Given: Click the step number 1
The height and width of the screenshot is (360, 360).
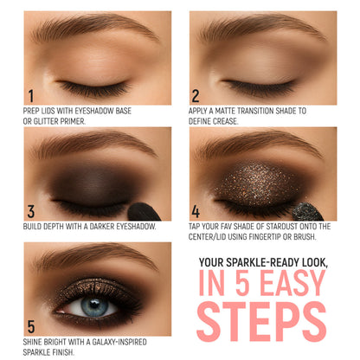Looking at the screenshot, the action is [x=31, y=96].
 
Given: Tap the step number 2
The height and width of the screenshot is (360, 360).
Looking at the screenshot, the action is [x=196, y=96].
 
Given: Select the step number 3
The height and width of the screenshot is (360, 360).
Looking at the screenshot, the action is [x=31, y=211].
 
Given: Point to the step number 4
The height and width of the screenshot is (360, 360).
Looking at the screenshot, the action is [x=196, y=211].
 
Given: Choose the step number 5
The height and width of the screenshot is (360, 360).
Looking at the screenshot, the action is [x=31, y=327].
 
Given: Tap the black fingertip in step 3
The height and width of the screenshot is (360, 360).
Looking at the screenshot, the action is [x=144, y=212].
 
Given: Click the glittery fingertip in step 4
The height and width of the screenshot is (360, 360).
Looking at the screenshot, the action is [x=306, y=212].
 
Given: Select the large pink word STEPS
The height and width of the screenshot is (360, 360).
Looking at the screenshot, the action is [x=261, y=322].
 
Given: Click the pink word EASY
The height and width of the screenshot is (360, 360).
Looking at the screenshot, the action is [x=292, y=283].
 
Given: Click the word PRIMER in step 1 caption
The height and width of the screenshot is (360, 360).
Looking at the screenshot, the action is [x=74, y=121].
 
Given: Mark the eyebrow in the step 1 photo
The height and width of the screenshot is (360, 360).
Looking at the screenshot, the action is [x=95, y=27].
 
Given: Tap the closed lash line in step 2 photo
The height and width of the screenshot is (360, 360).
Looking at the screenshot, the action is [x=260, y=85].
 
